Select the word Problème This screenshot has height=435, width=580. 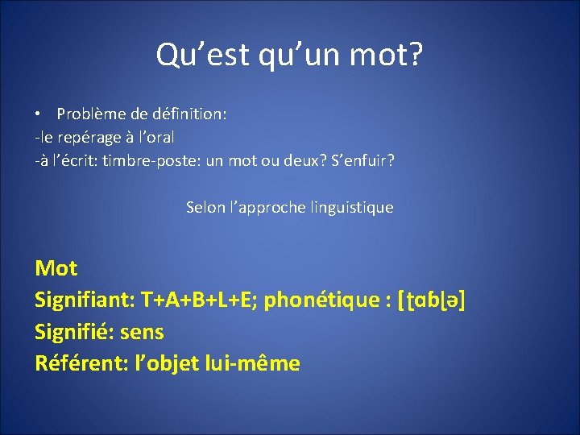[89, 114]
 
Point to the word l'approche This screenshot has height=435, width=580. [267, 208]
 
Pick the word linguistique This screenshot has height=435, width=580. [351, 208]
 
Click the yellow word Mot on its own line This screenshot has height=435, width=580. [56, 267]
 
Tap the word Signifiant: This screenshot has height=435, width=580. [84, 300]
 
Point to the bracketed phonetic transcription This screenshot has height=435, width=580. [433, 300]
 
